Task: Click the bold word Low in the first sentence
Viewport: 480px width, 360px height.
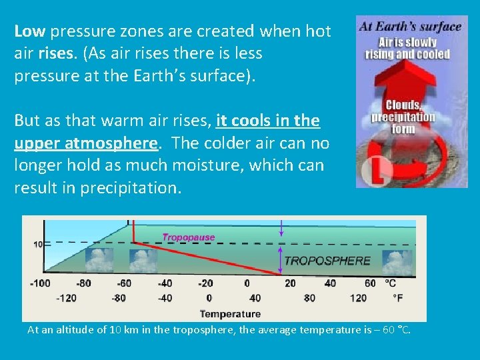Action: click(30, 31)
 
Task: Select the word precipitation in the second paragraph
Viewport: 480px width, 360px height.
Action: click(129, 188)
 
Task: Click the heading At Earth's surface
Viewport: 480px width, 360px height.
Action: click(410, 27)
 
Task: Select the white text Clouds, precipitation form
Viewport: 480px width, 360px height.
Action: click(403, 117)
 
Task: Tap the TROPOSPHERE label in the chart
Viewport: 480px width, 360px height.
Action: click(327, 261)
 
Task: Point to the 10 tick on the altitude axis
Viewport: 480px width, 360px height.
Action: click(38, 245)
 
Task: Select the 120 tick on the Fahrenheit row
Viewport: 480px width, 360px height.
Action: click(359, 298)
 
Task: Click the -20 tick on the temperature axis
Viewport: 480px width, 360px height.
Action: click(205, 283)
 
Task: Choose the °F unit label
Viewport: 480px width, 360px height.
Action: click(398, 298)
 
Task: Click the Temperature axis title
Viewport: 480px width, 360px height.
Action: click(230, 313)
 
